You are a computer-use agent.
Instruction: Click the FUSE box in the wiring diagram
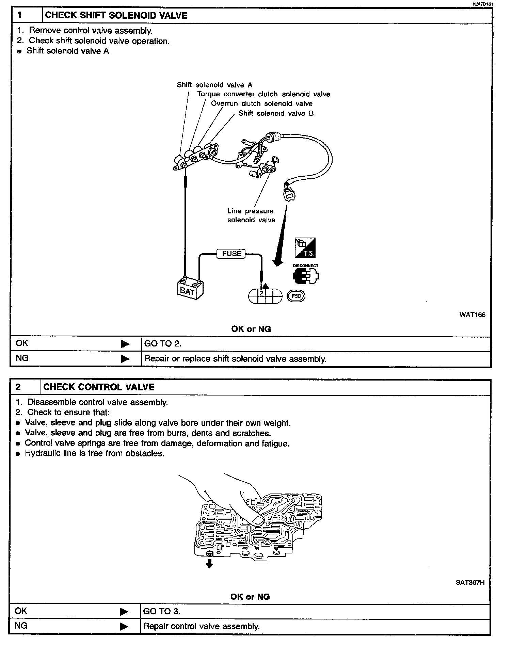point(231,254)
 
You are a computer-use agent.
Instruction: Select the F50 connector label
point(296,296)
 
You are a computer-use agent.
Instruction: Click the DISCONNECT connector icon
point(305,275)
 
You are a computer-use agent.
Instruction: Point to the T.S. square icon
point(305,248)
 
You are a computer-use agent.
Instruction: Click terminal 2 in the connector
point(261,293)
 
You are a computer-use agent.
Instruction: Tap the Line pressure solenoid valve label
point(251,215)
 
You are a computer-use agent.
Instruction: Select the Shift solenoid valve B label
point(276,113)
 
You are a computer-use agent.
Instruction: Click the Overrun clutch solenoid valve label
point(261,103)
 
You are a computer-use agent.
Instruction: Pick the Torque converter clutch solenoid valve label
point(263,94)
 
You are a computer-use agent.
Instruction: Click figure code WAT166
point(472,314)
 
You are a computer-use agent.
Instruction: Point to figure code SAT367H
point(470,582)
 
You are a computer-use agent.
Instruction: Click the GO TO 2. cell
point(163,343)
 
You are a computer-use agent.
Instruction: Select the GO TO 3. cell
point(162,611)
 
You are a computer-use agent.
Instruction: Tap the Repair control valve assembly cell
point(201,626)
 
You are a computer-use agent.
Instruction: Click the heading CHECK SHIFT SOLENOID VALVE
point(116,15)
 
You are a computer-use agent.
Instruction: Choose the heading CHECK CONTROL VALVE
point(99,387)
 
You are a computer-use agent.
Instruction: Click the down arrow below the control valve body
point(210,564)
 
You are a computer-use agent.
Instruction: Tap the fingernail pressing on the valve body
point(258,519)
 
